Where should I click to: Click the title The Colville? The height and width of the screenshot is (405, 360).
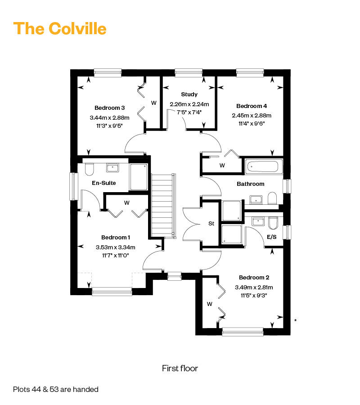pos(60,29)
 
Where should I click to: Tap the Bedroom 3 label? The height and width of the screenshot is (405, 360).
pos(109,108)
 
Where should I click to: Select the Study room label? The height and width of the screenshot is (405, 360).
pos(189,94)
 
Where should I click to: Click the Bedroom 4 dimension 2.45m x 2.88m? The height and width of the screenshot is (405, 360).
pos(252,116)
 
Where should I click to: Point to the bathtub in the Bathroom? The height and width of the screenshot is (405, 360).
pos(262,166)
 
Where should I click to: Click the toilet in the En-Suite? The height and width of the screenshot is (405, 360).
pos(89,169)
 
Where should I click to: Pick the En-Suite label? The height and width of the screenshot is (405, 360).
pos(104,183)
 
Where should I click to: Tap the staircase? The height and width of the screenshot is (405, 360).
pos(163,205)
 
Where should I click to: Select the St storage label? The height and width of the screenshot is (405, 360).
pos(211,223)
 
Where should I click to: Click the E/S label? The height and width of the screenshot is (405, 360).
pos(272,237)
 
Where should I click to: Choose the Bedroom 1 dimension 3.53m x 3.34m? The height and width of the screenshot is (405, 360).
pos(116,247)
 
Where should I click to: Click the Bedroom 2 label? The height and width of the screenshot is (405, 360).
pos(254,277)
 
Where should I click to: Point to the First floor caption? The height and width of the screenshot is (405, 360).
pos(180,368)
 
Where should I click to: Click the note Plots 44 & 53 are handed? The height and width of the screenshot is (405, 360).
pos(56,389)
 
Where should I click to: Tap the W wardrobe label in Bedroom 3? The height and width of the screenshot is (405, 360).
pos(153,103)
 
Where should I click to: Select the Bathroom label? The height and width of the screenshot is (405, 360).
pos(251,184)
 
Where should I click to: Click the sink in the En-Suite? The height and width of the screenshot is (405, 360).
pos(112,168)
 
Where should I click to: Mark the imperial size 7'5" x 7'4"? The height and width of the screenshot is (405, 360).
pos(189,112)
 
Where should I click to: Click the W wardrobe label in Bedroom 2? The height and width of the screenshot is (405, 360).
pos(209,304)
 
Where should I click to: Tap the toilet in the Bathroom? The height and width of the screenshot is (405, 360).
pos(272,198)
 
